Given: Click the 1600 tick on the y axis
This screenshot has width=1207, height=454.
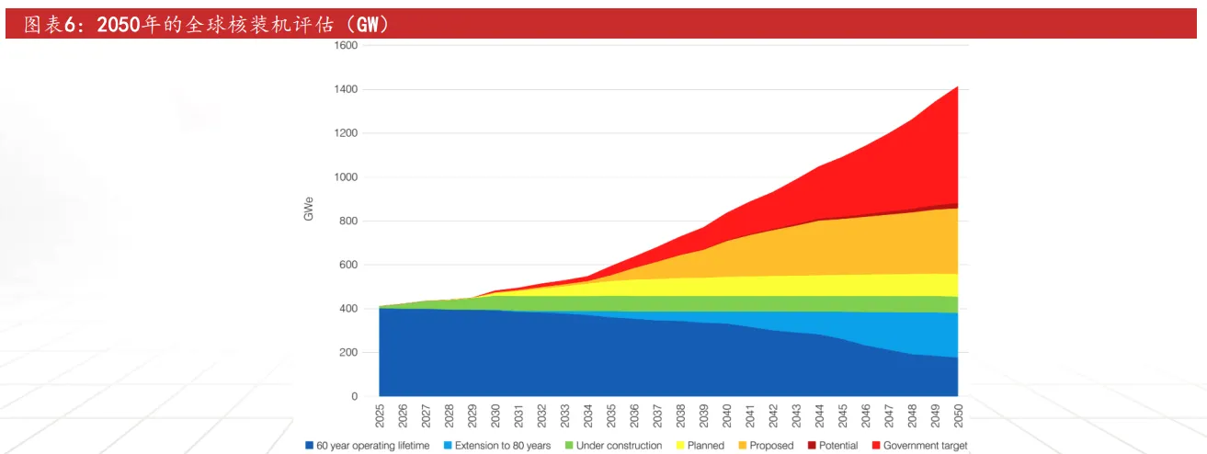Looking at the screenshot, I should [346, 45].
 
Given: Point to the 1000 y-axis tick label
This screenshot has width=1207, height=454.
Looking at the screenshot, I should [346, 177].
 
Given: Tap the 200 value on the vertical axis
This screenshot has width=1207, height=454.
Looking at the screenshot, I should [348, 353].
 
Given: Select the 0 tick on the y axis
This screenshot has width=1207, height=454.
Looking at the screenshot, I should [354, 397].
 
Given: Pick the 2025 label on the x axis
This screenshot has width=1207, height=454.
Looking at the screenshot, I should [380, 416].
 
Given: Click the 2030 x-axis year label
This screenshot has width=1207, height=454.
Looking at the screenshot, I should [495, 416].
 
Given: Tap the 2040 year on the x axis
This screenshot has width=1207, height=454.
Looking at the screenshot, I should [727, 416].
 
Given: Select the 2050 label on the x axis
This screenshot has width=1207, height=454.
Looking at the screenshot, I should [958, 416].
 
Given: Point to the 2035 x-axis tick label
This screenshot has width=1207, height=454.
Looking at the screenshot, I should [611, 416].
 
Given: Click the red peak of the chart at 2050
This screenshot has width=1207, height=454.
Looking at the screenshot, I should [957, 88].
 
